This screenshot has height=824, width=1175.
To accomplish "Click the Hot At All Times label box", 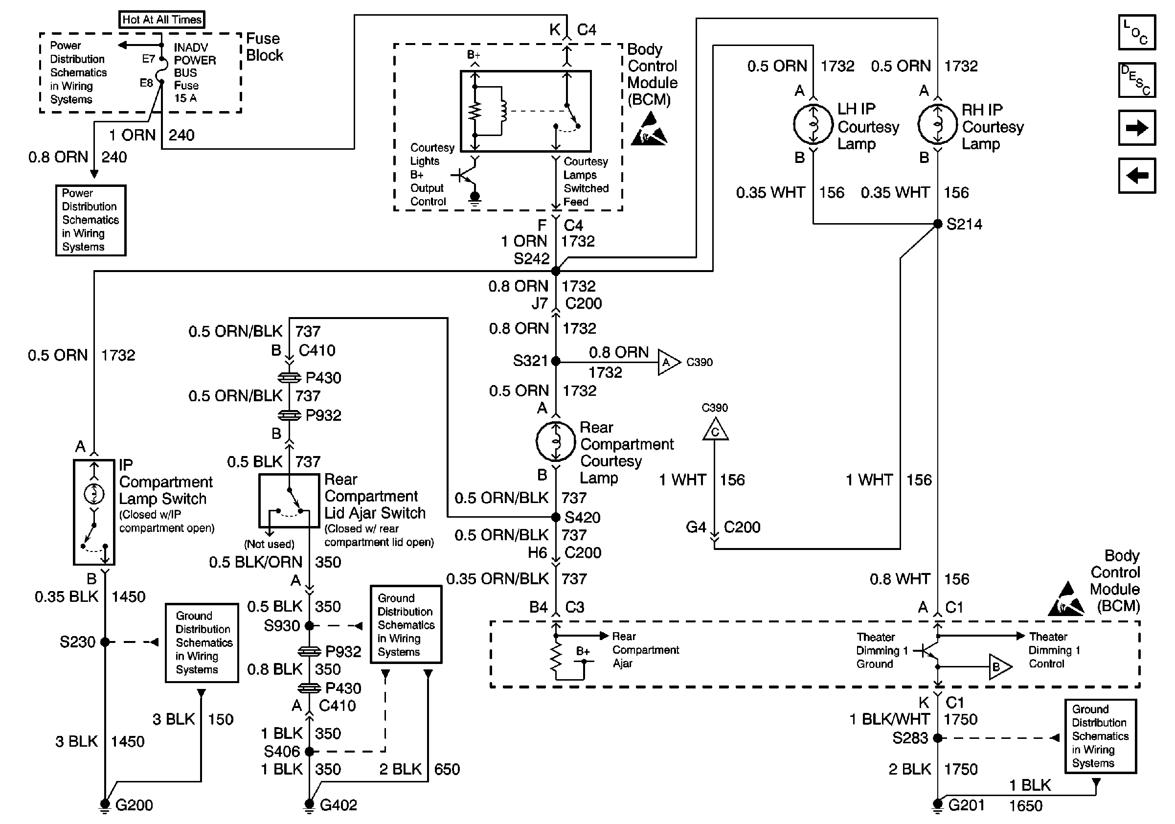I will point(162,20).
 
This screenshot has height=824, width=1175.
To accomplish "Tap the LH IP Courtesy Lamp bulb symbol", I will point(813,124).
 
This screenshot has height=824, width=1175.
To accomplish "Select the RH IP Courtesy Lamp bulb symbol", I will point(938,124).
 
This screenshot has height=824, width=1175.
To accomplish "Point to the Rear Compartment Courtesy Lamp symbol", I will point(556,441).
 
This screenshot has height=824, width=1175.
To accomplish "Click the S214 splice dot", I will point(938,224).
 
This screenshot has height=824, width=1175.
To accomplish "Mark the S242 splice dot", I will point(556,271).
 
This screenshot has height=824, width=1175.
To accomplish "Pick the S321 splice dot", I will point(556,361).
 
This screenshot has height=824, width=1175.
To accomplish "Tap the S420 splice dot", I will point(556,517).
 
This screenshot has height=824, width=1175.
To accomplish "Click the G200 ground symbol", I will point(105,805).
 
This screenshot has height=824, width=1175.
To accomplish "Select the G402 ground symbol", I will point(309,805).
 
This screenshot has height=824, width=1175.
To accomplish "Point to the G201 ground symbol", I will point(938,805).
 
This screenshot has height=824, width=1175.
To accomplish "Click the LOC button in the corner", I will point(1137,32).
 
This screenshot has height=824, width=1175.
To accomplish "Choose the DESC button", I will point(1137,80).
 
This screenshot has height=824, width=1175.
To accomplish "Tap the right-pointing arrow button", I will point(1137,128).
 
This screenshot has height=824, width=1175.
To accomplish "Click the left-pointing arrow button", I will point(1137,176).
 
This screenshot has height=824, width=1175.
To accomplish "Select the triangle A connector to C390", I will point(667,363).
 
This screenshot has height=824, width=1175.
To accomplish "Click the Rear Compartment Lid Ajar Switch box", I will point(289,501).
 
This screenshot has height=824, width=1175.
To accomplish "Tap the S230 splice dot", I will point(105,642).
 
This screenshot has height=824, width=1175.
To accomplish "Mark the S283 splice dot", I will point(938,738).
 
